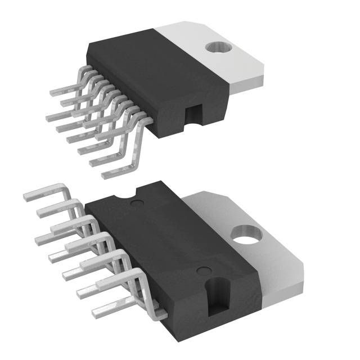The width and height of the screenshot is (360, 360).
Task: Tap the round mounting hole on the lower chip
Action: (x=247, y=234)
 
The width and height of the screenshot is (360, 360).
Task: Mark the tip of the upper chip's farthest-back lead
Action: (x=52, y=93)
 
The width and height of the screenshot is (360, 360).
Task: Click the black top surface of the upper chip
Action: (x=163, y=67)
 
